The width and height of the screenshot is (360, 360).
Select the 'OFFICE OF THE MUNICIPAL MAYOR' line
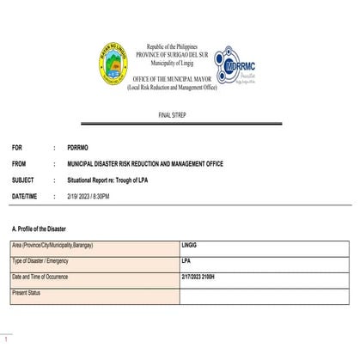pos(180,78)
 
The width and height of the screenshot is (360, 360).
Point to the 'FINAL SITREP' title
pos(180,113)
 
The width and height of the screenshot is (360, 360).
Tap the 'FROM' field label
pos(21,163)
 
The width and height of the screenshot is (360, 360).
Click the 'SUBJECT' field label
pos(24,180)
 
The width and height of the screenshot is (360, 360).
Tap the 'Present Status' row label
pos(27,293)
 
